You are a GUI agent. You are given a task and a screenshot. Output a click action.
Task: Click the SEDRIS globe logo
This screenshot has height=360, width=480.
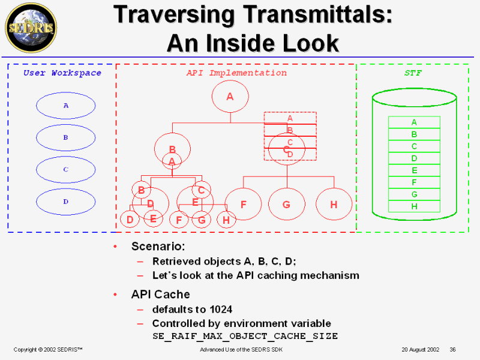[31, 28]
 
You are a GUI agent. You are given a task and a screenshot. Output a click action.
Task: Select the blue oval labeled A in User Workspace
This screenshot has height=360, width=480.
[65, 106]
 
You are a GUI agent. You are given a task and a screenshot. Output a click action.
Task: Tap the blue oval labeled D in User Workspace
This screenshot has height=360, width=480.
[65, 202]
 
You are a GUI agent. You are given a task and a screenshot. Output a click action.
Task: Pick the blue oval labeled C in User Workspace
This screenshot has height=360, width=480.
[65, 169]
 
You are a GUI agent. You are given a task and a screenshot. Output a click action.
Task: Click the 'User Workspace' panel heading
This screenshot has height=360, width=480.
[62, 73]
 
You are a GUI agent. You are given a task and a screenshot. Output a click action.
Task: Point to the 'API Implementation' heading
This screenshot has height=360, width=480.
[236, 73]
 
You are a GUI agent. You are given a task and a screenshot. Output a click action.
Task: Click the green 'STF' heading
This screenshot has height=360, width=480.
[412, 73]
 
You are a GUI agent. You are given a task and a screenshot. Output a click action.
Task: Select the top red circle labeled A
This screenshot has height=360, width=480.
[230, 96]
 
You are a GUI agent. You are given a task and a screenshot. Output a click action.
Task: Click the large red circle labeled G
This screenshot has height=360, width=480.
[286, 204]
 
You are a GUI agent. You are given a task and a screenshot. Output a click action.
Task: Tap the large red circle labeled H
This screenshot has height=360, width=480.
[334, 204]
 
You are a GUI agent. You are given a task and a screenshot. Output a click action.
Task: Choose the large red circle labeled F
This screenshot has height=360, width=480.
[243, 204]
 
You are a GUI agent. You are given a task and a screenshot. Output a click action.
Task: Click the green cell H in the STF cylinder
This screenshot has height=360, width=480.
[414, 206]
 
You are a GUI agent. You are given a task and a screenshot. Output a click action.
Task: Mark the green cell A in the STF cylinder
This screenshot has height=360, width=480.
[414, 122]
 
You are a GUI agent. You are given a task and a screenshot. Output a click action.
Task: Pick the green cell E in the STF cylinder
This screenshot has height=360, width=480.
[414, 170]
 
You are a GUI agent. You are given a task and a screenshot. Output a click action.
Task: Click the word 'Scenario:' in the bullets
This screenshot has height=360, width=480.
[158, 247]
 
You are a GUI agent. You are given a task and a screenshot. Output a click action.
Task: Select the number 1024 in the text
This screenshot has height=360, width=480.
[221, 310]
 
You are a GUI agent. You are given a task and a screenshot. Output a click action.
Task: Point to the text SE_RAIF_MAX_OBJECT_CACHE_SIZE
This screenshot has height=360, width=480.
[245, 336]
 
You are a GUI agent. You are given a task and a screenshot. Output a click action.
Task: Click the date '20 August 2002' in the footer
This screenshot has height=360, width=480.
[421, 349]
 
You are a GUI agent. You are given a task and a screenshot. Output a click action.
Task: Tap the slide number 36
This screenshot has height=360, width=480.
[453, 349]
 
